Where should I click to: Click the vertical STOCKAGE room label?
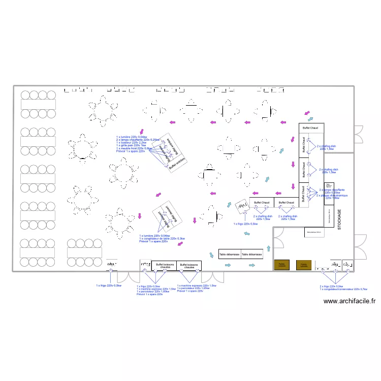339,220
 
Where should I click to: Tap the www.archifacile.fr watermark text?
350,301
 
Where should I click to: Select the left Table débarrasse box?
230,253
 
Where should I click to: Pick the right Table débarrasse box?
252,253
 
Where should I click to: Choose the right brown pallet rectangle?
304,265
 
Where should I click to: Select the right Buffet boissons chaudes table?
189,266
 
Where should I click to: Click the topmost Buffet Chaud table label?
310,128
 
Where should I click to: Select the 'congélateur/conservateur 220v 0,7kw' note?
343,289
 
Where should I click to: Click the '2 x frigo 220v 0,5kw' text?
331,286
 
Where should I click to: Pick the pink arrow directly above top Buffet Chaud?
306,112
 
